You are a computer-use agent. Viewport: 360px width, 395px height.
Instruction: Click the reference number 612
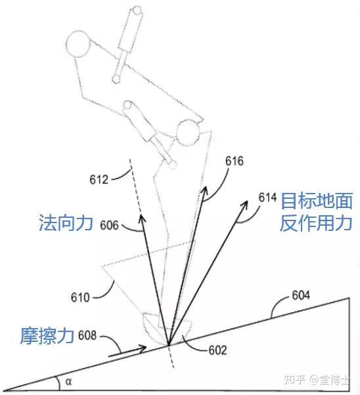99,180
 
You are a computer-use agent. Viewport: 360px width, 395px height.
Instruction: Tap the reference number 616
235,161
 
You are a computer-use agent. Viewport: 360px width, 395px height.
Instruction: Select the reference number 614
267,197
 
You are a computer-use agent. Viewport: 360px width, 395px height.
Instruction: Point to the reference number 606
109,225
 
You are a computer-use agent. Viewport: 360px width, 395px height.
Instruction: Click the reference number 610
80,297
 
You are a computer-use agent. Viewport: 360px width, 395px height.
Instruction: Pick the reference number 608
87,335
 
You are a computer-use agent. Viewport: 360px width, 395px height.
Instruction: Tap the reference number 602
217,350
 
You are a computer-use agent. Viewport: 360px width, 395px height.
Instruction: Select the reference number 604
301,295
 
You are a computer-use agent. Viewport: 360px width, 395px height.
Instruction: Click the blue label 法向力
66,223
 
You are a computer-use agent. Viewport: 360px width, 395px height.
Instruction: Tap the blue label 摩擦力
47,336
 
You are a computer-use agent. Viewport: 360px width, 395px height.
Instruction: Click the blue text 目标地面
317,201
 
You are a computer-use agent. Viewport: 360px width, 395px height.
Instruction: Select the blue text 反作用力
316,223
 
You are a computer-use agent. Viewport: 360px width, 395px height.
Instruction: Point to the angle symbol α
68,382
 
